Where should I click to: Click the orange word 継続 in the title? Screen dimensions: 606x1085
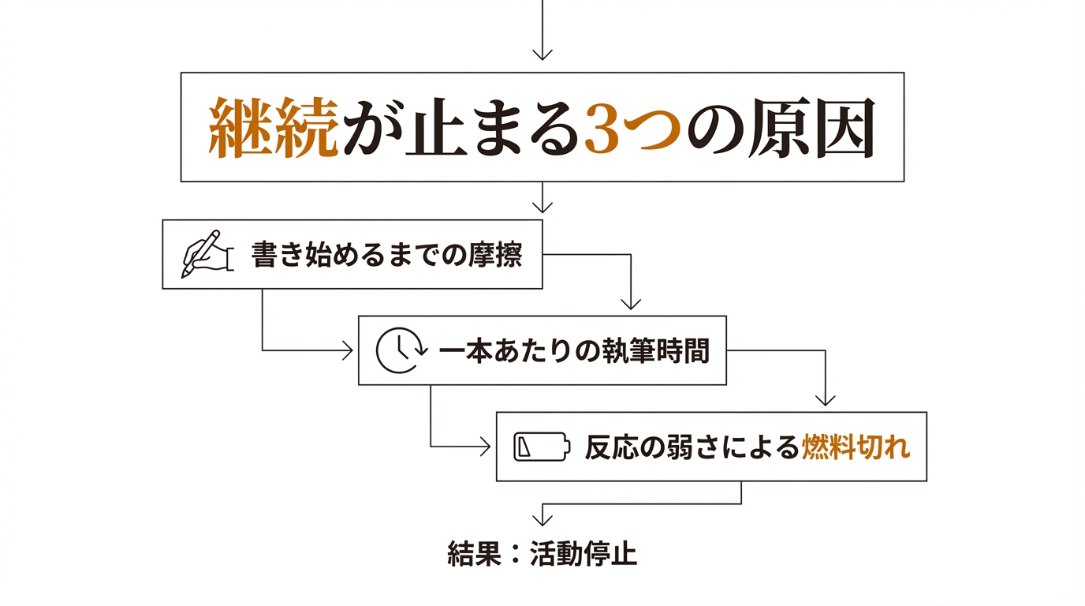pos(274,128)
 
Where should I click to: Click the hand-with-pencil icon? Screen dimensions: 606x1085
pos(205,254)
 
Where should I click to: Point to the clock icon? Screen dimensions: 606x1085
pos(400,350)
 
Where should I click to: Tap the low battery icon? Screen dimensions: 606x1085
pos(540,447)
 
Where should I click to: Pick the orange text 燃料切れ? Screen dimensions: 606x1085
pos(856,447)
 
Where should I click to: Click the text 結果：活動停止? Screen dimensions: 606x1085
pos(542,554)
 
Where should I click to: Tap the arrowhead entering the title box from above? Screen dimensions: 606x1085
pos(542,54)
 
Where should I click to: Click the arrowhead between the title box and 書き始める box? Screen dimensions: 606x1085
pos(542,207)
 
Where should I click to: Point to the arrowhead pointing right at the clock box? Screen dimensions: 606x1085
pos(347,350)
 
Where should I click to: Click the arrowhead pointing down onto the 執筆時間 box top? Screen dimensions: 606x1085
pos(631,304)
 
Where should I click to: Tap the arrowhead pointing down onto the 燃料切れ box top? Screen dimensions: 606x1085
pos(825,400)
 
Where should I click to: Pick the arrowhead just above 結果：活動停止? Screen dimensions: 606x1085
pos(542,519)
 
